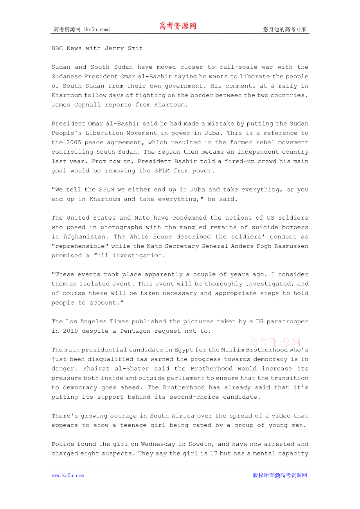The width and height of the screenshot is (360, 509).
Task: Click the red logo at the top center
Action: (177, 26)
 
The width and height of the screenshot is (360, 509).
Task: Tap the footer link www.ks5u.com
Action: (68, 475)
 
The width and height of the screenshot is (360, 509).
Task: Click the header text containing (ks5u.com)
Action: (82, 29)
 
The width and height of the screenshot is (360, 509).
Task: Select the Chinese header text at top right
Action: (284, 29)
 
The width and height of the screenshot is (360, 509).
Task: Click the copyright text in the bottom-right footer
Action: (280, 475)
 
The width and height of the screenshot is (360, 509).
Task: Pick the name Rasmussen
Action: (290, 246)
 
